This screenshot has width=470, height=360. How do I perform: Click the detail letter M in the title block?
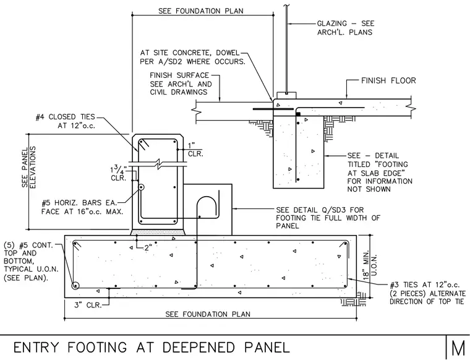click(459, 348)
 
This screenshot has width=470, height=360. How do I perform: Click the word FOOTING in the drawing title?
click(97, 348)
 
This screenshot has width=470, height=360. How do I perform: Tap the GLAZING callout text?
click(346, 28)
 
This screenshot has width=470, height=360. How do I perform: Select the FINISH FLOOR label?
click(388, 80)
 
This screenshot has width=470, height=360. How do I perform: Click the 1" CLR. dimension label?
click(195, 150)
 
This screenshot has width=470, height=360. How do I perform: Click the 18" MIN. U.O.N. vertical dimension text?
click(370, 267)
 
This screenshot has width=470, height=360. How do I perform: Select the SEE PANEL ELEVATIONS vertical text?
click(29, 167)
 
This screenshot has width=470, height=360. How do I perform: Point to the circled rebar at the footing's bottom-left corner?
click(75, 286)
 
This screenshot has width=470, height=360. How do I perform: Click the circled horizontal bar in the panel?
click(140, 187)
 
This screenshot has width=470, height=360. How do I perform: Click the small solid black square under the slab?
click(298, 114)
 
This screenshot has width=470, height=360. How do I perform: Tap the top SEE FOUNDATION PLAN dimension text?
click(201, 11)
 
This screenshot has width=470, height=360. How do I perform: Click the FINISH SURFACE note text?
click(179, 75)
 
